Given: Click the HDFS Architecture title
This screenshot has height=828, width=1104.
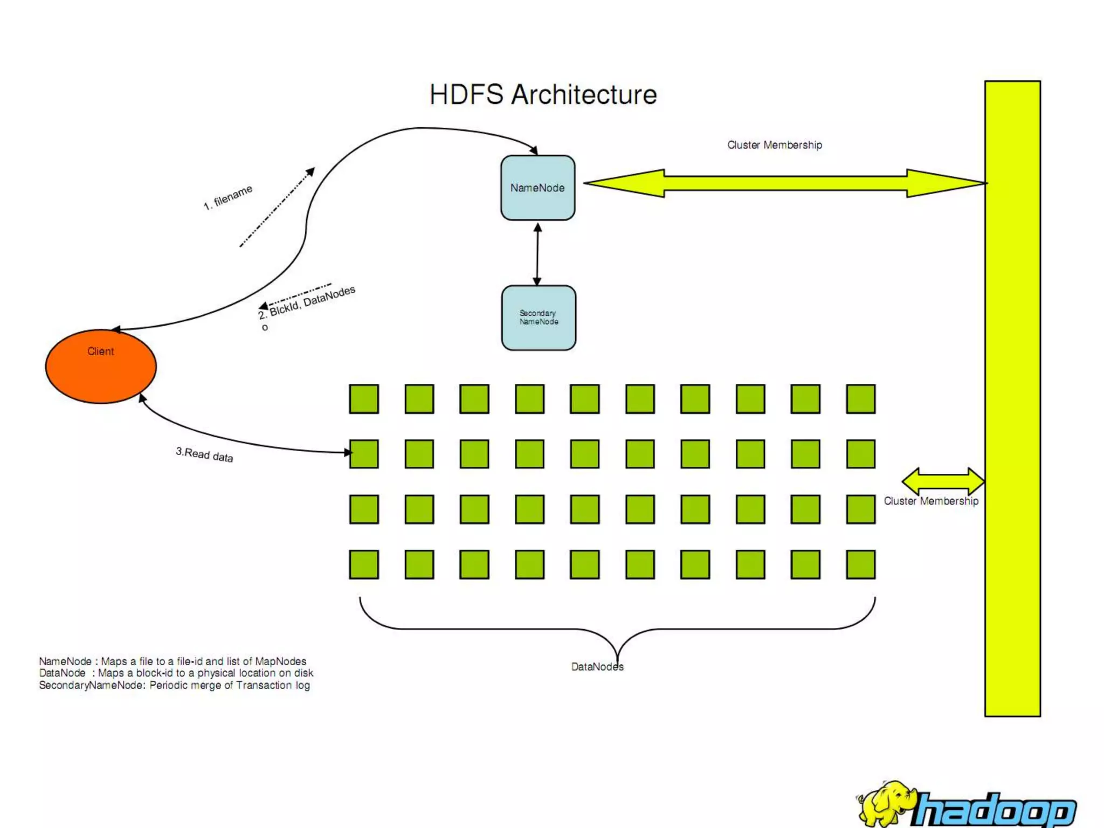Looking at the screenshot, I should (543, 95).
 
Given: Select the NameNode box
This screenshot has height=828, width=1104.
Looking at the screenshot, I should (537, 188).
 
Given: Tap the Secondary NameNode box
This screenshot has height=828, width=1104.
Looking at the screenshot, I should (539, 318).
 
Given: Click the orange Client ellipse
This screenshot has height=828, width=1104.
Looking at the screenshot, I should (101, 367).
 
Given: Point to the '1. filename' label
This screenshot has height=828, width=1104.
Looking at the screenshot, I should (228, 197).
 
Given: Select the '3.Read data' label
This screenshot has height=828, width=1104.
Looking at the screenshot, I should (204, 454).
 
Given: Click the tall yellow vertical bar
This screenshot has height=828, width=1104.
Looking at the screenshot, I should (1012, 399).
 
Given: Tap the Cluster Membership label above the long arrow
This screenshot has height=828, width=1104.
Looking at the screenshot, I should (774, 145).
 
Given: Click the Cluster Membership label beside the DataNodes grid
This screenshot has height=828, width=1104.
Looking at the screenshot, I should (930, 501).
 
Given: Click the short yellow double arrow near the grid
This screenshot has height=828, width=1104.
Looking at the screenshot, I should (943, 480).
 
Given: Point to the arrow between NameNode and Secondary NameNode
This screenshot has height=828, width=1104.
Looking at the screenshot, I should (537, 253).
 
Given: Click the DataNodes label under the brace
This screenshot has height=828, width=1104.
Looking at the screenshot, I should (597, 667).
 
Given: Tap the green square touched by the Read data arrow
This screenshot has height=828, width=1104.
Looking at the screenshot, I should (364, 454).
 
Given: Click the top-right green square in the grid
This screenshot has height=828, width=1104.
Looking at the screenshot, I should (860, 399).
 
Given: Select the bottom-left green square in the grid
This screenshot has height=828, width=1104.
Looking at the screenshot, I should (364, 564).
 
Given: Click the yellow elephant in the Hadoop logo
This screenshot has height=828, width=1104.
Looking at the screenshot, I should (887, 804).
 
